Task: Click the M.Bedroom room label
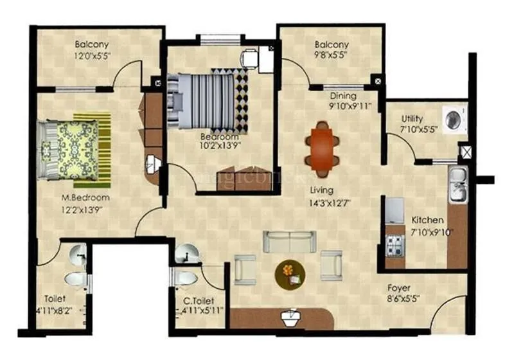(82, 197)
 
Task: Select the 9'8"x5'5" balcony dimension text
(332, 56)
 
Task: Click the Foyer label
(399, 288)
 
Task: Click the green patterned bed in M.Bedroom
(72, 148)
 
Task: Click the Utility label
(412, 118)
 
